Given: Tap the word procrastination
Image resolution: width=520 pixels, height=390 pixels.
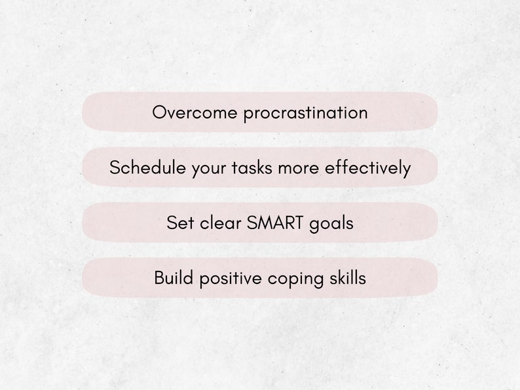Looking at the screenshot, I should pos(305,113).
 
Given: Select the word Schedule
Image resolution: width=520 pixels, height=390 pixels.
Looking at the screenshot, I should pos(147,168).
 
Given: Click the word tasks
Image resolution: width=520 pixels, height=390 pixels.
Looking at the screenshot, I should pos(252,168).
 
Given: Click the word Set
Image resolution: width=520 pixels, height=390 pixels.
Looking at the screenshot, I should pos(180,222).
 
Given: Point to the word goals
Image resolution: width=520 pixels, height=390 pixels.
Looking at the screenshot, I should pos(331,224).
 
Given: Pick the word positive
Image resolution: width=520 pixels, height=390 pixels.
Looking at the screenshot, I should pos(231,279).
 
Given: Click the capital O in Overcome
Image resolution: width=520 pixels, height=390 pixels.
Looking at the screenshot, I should pos(159,112).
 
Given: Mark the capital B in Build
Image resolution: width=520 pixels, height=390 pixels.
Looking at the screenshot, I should pos(158,277).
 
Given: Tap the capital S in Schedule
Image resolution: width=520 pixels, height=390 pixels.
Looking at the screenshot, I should pos(115,168).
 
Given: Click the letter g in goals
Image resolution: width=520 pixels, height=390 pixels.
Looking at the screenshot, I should pos(314,224).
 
